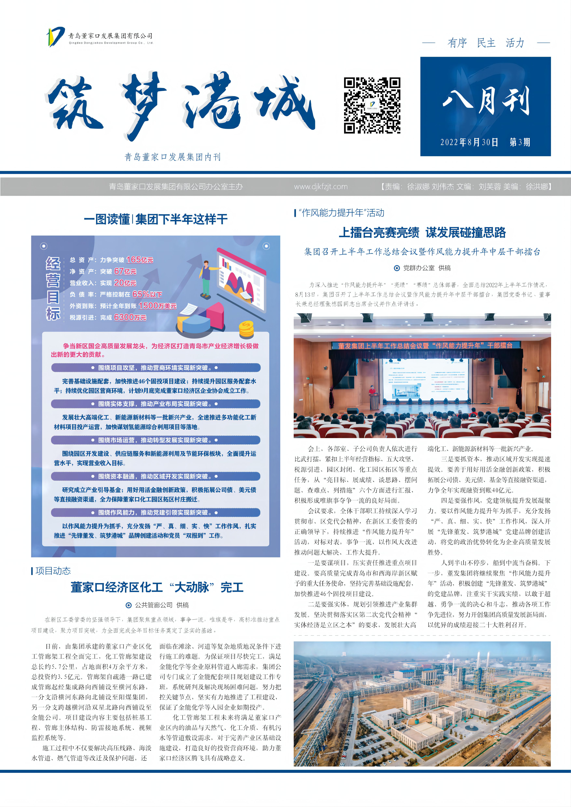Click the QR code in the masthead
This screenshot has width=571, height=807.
372,105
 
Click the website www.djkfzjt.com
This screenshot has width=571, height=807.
321,187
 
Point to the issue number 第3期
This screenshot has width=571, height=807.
520,142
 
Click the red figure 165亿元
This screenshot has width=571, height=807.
140,260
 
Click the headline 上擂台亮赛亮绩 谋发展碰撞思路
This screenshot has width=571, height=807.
422,233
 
